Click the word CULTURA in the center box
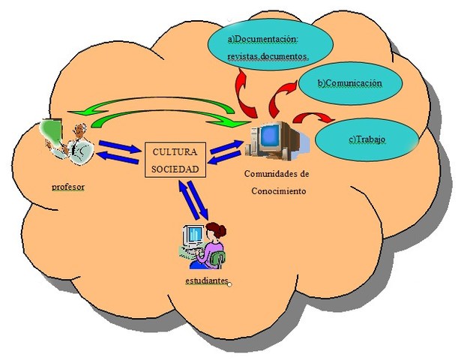pos(175,152)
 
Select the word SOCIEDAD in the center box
pos(175,169)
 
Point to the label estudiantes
pos(206,280)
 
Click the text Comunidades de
pos(277,174)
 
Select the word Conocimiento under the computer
pos(277,190)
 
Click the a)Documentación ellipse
pos(268,45)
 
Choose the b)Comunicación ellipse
pos(350,82)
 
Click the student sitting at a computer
pos(202,244)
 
